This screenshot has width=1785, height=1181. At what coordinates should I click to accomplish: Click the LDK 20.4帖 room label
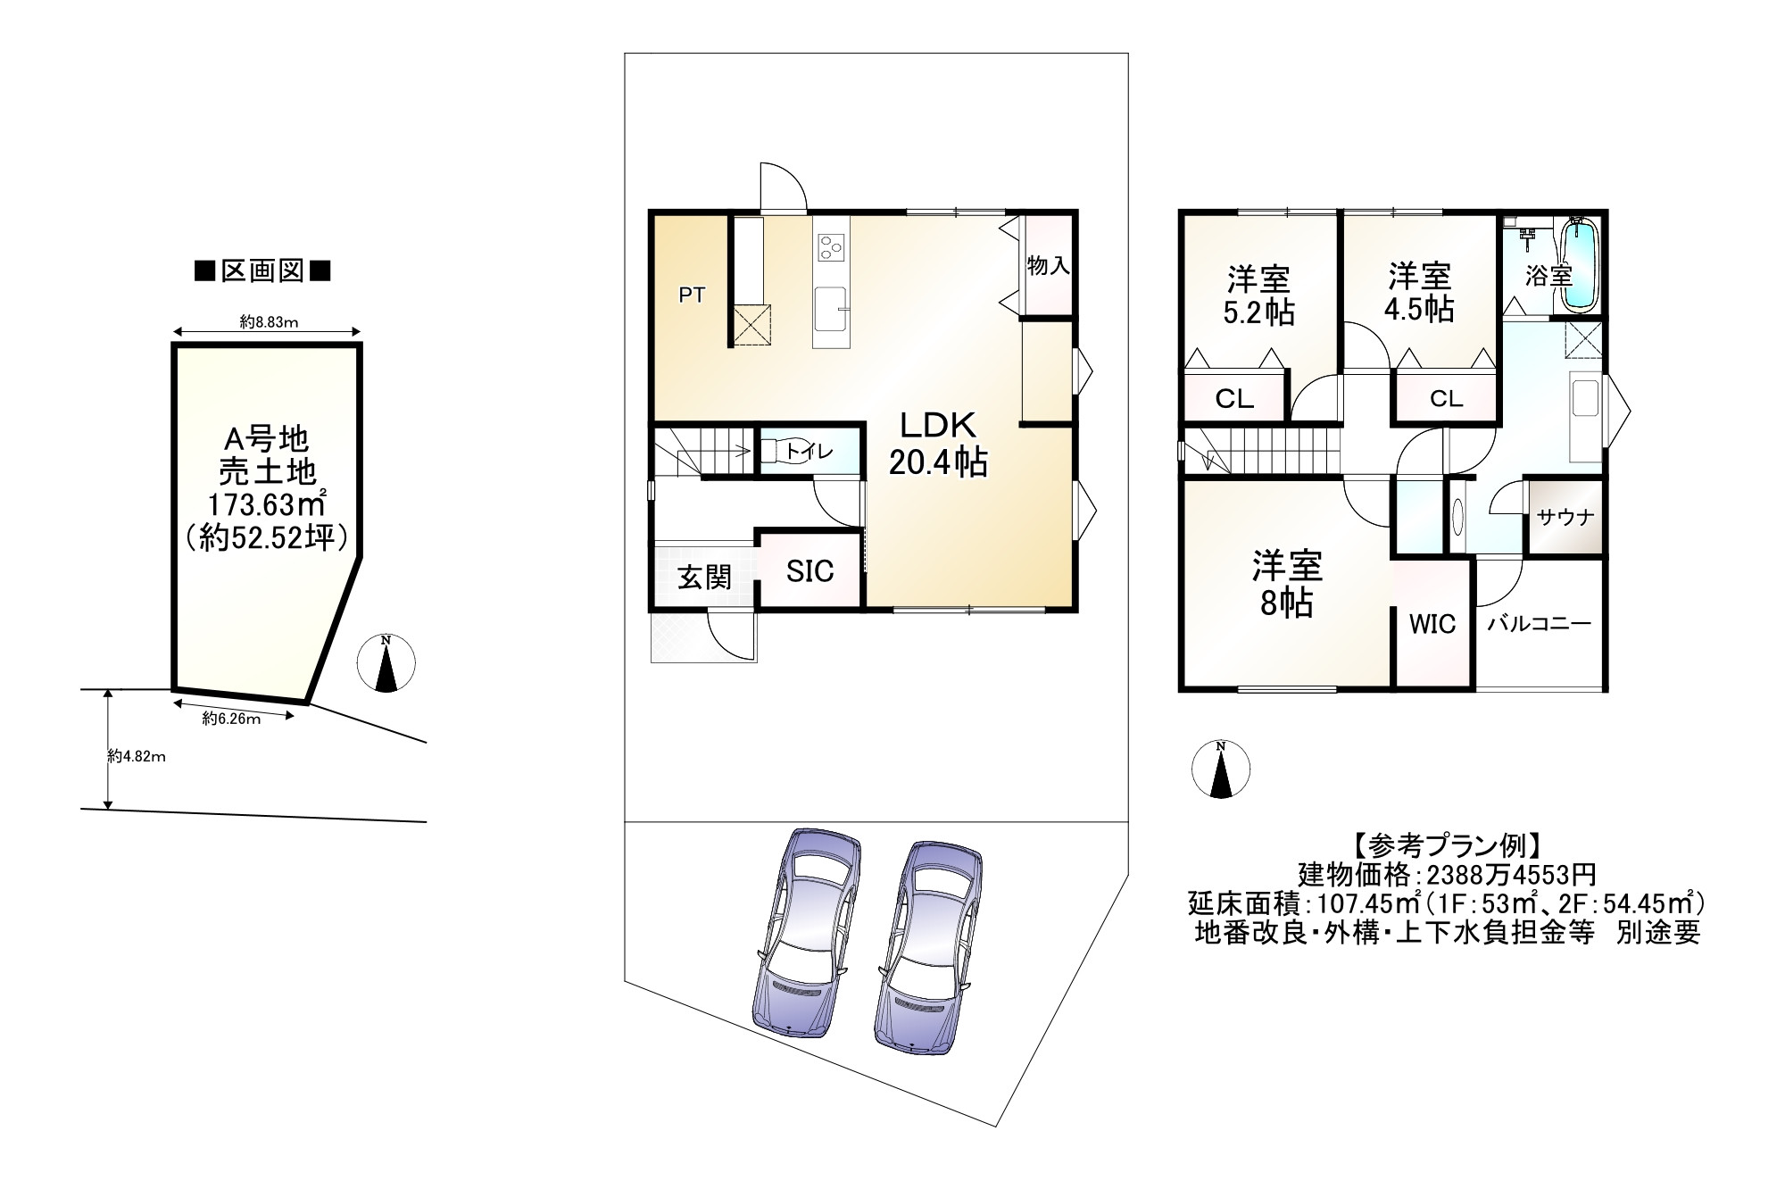click(x=937, y=444)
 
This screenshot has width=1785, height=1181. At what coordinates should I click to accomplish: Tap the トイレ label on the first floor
click(x=809, y=453)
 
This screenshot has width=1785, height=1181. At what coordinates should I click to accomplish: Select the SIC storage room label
click(x=809, y=571)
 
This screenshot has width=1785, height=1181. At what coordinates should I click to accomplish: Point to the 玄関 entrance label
click(x=704, y=578)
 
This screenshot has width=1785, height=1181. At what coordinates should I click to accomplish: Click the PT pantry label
click(x=692, y=295)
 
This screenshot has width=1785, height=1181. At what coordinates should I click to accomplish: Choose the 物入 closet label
click(x=1048, y=265)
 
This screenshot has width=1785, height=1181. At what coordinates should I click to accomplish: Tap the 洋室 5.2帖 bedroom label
click(x=1258, y=295)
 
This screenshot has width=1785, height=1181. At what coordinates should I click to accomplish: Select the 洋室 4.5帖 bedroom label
click(x=1418, y=292)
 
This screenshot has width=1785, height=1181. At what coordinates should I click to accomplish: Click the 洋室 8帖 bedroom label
click(x=1286, y=585)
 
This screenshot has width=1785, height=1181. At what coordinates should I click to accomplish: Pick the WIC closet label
click(x=1432, y=624)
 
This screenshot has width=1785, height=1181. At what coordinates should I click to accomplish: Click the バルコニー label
click(x=1539, y=624)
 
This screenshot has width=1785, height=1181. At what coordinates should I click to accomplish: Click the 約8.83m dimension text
click(x=269, y=323)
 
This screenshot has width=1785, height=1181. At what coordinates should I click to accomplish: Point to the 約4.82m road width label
click(x=137, y=756)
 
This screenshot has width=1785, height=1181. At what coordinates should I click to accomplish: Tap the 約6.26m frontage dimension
click(x=231, y=719)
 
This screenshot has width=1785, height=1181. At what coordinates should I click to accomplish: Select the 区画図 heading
click(x=262, y=271)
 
